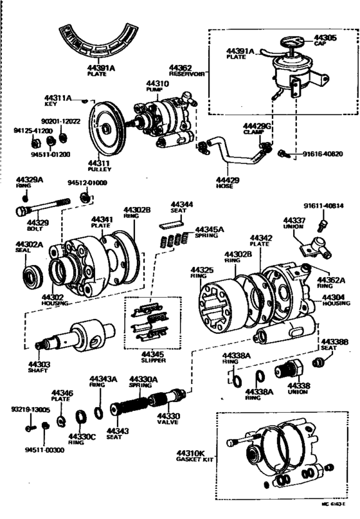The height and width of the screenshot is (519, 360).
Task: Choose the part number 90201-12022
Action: pyautogui.click(x=60, y=121)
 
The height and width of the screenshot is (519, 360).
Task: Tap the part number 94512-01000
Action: pyautogui.click(x=89, y=183)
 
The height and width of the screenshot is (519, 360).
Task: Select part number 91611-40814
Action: pyautogui.click(x=324, y=206)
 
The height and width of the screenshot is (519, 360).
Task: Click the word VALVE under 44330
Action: pyautogui.click(x=169, y=424)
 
